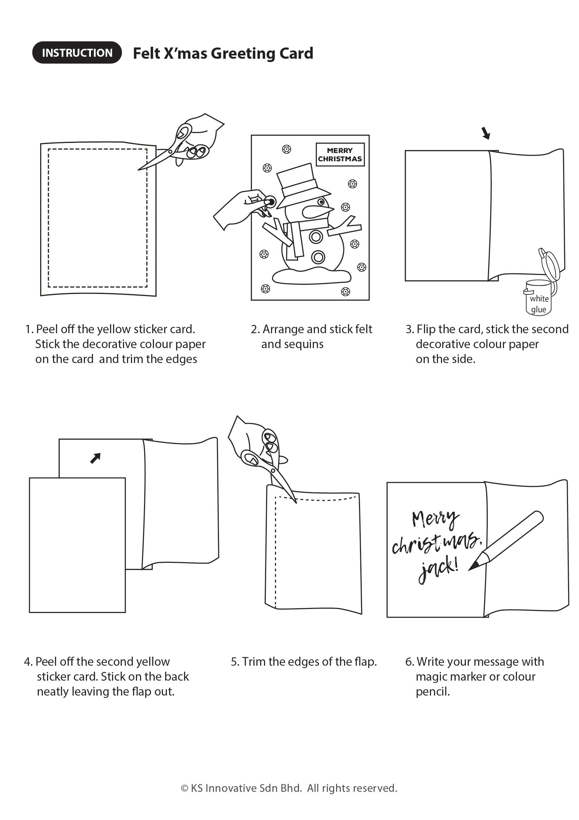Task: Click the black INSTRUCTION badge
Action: pos(77,53)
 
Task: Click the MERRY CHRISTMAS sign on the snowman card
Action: pos(340,155)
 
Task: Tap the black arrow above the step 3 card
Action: pos(485,133)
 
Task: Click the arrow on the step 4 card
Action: pos(95,458)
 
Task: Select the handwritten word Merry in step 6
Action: pos(435,519)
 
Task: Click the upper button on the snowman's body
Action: pos(316,236)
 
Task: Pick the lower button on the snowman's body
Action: pos(318,257)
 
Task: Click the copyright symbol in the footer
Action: pos(184,788)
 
